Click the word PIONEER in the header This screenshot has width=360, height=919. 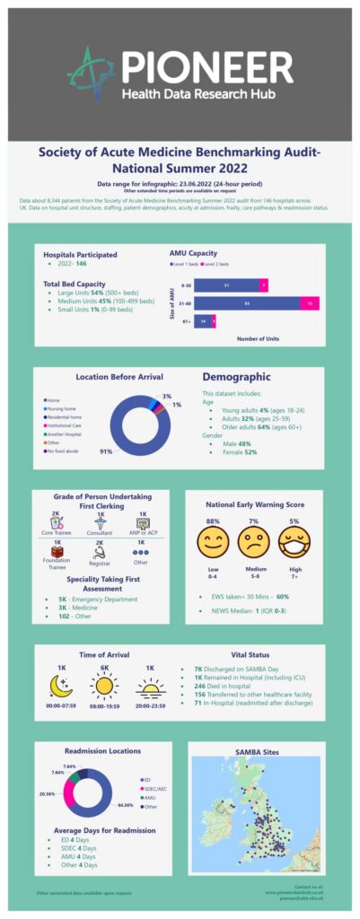[206, 66]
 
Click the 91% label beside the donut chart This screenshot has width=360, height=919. [106, 451]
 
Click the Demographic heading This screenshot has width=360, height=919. [236, 377]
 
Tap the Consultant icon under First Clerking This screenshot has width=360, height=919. [100, 522]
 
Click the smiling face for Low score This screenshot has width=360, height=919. [213, 541]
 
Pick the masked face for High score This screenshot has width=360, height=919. [294, 541]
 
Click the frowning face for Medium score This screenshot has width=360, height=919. [253, 541]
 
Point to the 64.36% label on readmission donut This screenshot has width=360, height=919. [125, 805]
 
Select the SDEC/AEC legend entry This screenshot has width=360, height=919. [153, 787]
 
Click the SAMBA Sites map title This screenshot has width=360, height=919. [258, 750]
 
